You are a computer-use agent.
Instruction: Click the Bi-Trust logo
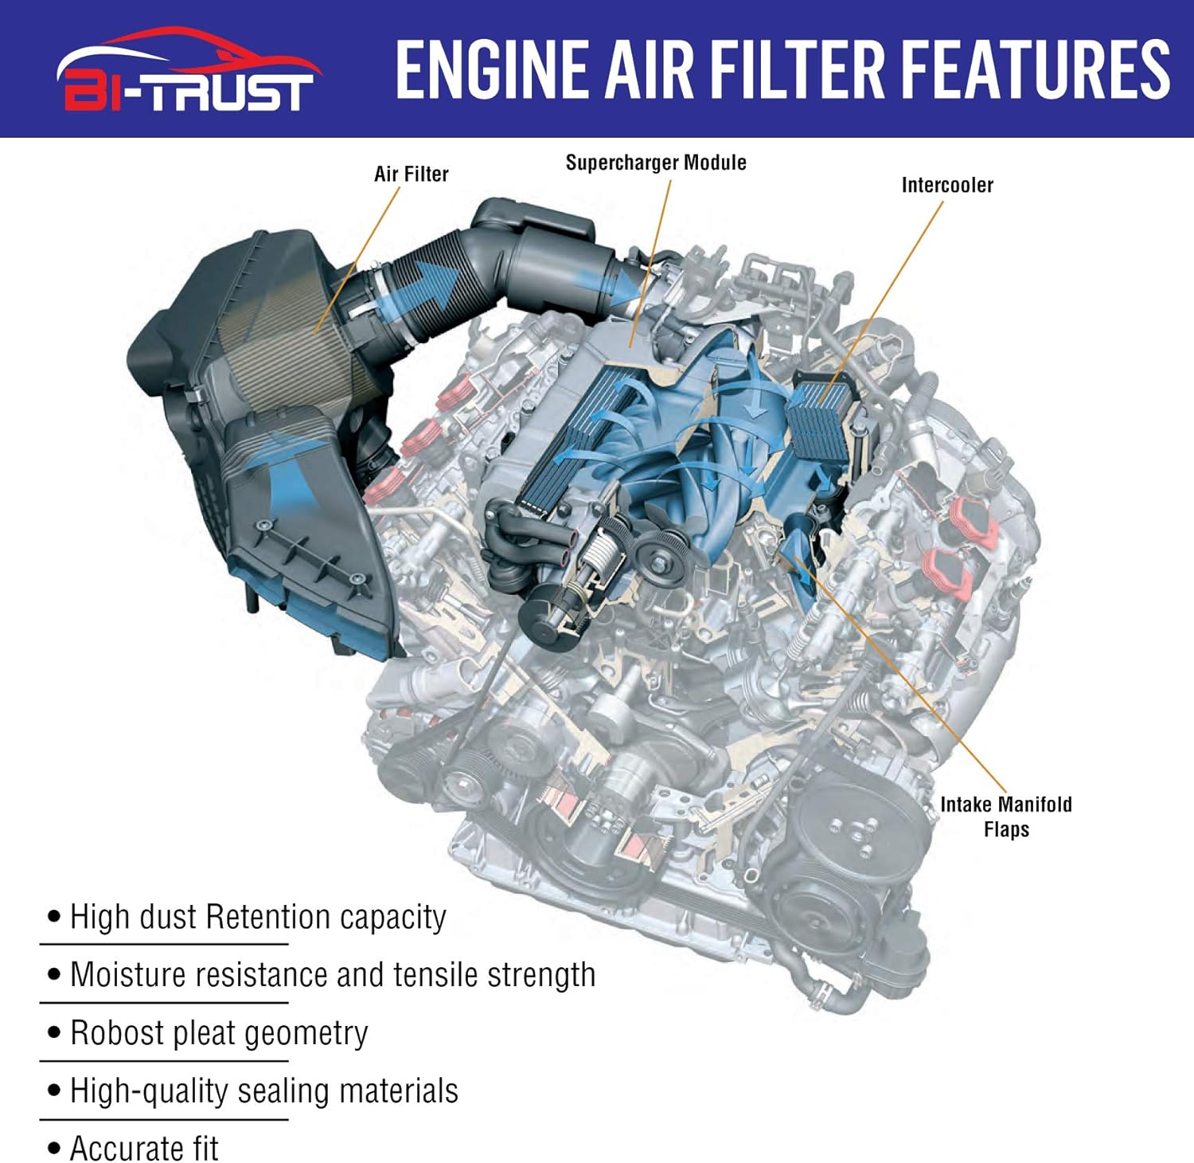point(188,69)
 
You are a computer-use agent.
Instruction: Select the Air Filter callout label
point(412,174)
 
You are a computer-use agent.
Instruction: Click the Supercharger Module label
point(656,163)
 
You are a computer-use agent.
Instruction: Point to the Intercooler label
point(947,185)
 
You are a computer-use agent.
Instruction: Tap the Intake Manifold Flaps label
point(1006,816)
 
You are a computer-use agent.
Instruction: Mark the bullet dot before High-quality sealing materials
point(54,1091)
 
